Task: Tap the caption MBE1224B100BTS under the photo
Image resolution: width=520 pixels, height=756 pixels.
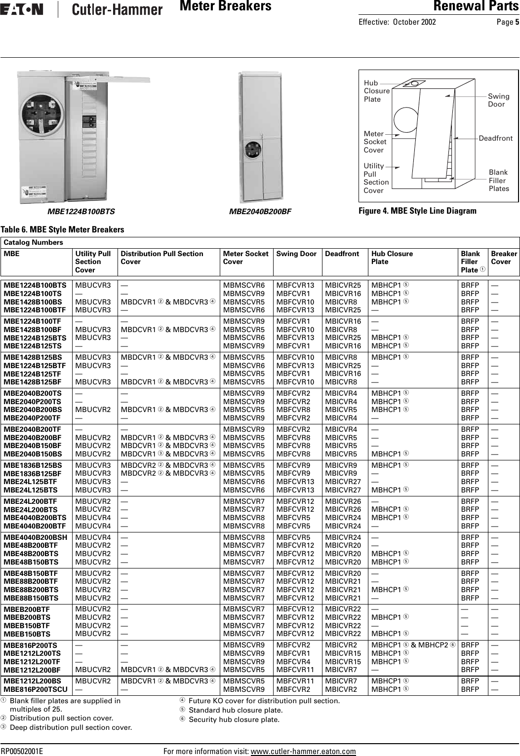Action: (81, 212)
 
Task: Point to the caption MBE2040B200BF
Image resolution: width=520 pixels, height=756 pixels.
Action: (260, 212)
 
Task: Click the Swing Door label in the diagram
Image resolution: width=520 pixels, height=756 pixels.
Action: (498, 100)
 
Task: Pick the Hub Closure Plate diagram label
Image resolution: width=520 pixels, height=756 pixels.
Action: (376, 91)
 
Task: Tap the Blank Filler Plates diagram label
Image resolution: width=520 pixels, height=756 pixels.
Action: (498, 180)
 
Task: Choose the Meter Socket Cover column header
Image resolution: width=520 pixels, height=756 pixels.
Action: (245, 258)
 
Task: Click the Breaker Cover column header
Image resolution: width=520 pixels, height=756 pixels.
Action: (503, 258)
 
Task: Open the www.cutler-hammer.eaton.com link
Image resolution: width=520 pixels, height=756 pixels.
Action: (303, 752)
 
